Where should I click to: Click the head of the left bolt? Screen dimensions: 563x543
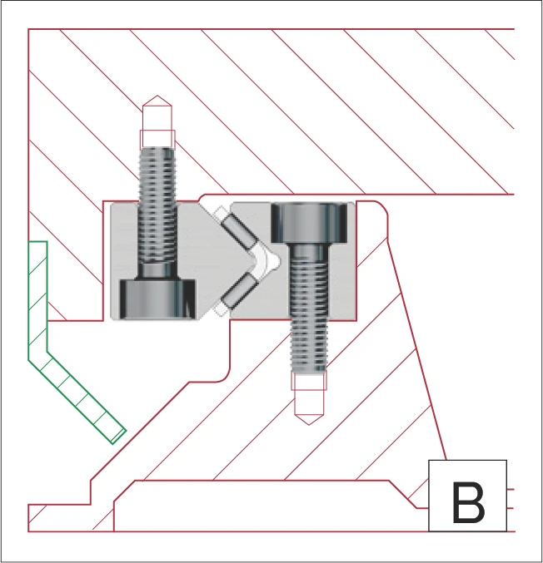[x=158, y=298]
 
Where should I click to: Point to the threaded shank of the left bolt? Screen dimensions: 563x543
[x=158, y=208]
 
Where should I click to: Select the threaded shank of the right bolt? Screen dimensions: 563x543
[x=310, y=316]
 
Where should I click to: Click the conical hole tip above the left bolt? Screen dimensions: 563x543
[x=157, y=113]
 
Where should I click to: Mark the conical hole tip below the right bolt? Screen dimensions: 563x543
[x=309, y=407]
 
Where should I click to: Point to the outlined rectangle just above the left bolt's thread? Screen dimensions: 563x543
[x=157, y=137]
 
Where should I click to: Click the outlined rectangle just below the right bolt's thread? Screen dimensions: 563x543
[x=309, y=382]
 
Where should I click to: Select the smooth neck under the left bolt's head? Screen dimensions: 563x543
[x=158, y=271]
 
